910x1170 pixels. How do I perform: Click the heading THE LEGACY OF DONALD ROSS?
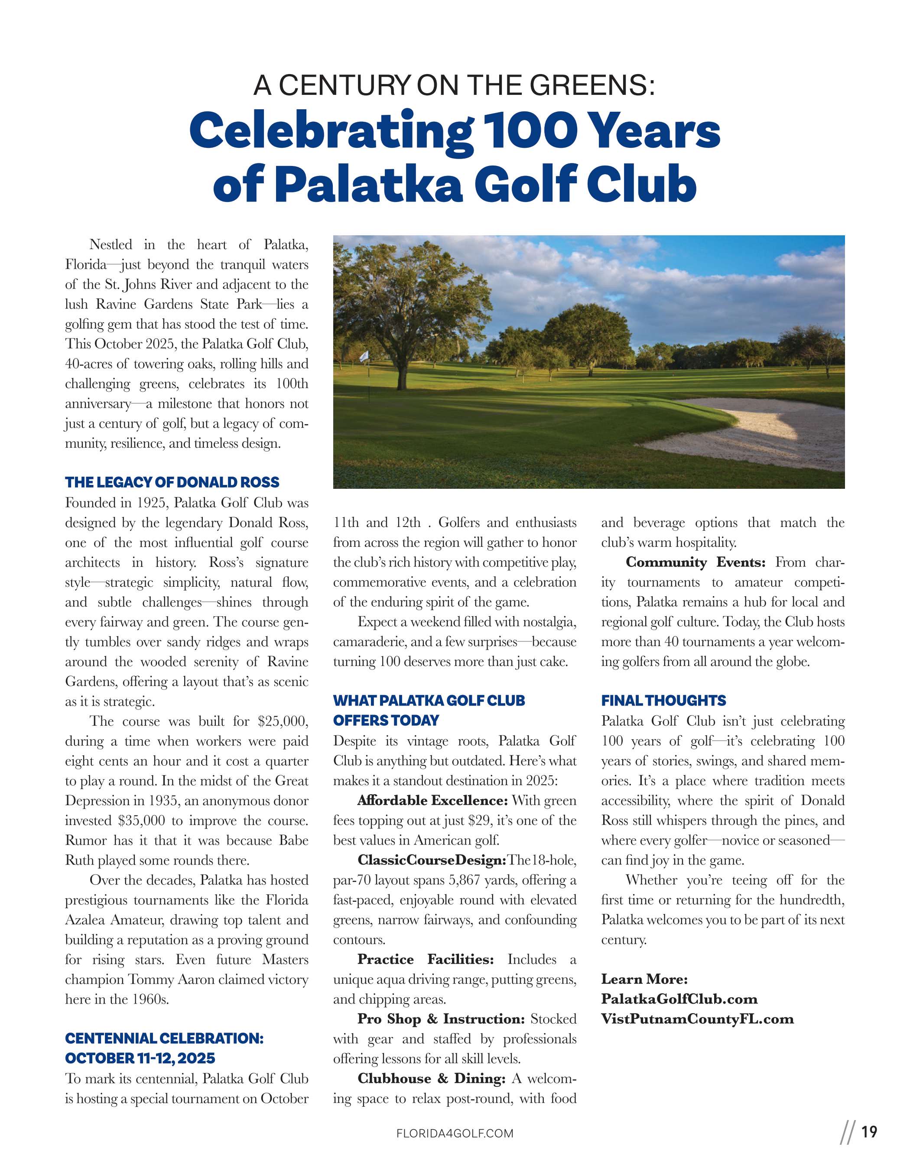(x=172, y=482)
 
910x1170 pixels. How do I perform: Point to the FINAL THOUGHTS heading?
(x=663, y=701)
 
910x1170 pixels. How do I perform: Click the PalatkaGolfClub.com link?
(x=679, y=999)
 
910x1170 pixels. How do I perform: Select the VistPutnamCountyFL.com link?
(x=697, y=1019)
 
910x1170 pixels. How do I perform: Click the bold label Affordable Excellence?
(x=432, y=801)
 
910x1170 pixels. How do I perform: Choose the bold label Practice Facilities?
(x=425, y=959)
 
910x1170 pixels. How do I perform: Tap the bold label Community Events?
(x=696, y=562)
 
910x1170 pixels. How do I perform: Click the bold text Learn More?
(x=644, y=979)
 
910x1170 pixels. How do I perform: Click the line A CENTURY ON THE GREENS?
(x=454, y=85)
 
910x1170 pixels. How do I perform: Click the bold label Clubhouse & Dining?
(x=431, y=1079)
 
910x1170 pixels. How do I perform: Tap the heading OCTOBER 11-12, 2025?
(x=140, y=1059)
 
